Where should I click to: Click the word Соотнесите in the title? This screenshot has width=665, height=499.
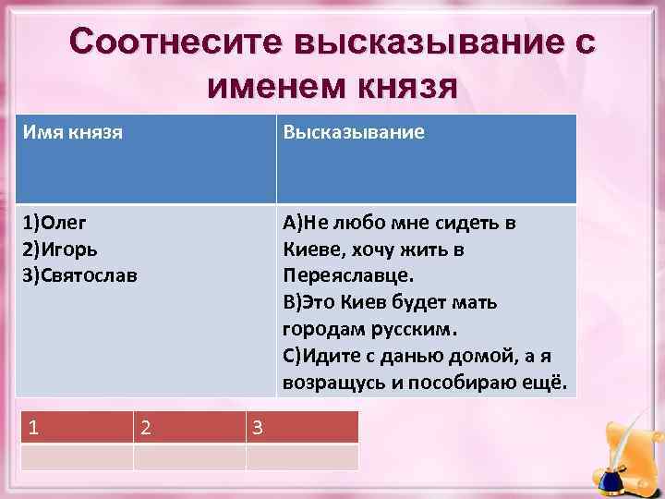(x=173, y=43)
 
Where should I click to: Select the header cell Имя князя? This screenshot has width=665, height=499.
(x=74, y=133)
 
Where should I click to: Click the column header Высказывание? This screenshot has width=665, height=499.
(x=354, y=133)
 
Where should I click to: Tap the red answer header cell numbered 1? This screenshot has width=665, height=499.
(x=77, y=427)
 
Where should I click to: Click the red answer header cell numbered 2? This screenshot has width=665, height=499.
(x=189, y=427)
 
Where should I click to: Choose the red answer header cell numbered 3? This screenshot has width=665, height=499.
(x=302, y=427)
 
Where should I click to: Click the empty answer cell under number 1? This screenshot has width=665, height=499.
(x=77, y=457)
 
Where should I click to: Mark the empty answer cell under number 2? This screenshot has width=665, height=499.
(x=189, y=457)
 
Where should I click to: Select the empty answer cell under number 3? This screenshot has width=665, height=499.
(x=302, y=457)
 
